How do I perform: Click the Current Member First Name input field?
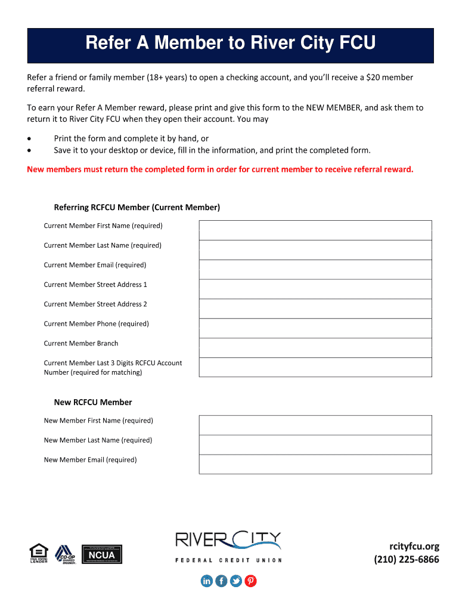click(315, 230)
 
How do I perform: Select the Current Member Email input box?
click(315, 270)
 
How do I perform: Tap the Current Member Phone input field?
click(315, 328)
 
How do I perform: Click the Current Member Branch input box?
click(315, 348)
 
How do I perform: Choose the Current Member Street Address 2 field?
click(315, 308)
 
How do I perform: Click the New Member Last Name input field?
click(315, 445)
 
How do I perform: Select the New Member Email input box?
click(315, 464)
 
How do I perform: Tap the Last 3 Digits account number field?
click(315, 367)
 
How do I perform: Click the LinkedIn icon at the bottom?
click(207, 581)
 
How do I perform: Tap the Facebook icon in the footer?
click(221, 581)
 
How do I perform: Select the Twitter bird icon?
click(236, 581)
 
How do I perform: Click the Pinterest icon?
click(251, 581)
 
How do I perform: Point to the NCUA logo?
click(101, 554)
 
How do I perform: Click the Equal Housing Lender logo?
click(39, 554)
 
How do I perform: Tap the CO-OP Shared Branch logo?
click(66, 554)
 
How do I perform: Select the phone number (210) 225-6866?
click(407, 560)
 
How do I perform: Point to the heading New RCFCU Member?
click(93, 402)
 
